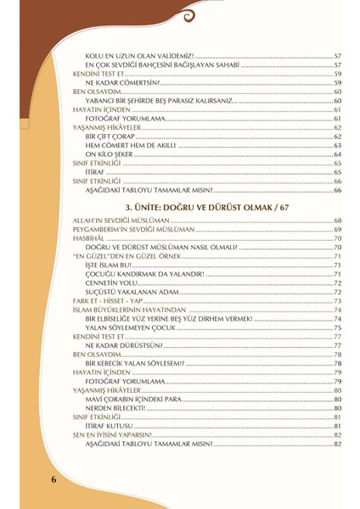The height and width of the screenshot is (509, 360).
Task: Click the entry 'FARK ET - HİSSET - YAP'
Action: point(105,301)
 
